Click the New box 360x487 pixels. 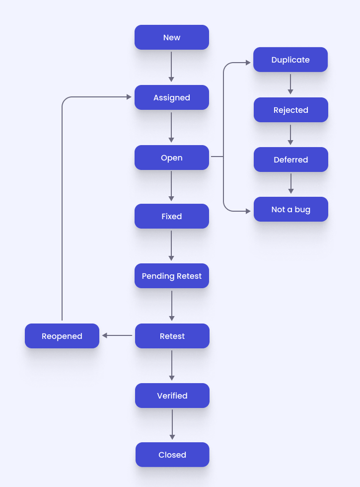point(172,37)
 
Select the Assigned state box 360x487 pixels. point(172,97)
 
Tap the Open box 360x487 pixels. point(172,158)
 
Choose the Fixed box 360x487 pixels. point(172,216)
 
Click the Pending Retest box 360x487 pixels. point(172,276)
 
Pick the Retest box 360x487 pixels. point(172,336)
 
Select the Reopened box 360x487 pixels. point(62,336)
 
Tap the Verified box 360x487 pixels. point(172,396)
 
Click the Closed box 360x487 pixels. point(172,455)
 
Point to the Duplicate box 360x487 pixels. point(290,60)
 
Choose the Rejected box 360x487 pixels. point(291,110)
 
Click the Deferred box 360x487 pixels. point(291,160)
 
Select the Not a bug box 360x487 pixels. point(291,209)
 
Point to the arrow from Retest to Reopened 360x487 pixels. point(117,335)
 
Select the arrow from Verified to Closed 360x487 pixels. point(172,424)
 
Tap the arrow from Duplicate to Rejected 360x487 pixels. point(290,84)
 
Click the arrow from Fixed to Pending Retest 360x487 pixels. point(171,245)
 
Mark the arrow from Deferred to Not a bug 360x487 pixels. point(291,183)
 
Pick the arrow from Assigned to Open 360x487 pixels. point(171,127)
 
